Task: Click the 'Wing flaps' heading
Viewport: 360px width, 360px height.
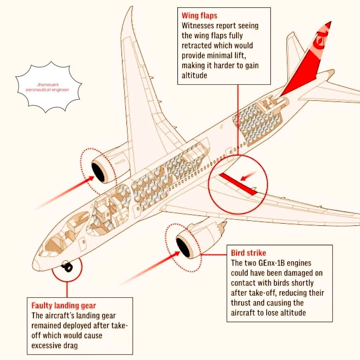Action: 199,16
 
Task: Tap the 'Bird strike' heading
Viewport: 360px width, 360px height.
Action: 248,253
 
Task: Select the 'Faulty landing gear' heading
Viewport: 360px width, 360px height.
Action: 64,306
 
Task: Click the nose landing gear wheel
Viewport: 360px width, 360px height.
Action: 67,267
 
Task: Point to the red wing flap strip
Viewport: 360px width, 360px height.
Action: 238,184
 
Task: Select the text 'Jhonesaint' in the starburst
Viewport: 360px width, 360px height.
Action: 48,85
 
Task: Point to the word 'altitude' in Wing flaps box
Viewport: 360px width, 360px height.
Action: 194,76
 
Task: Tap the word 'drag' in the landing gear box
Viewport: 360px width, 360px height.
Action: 70,346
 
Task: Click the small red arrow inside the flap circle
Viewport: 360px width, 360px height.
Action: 248,176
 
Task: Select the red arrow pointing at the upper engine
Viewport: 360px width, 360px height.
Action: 64,193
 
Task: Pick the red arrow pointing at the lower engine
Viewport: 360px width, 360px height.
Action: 149,269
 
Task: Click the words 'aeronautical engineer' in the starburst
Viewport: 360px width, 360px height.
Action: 47,90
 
